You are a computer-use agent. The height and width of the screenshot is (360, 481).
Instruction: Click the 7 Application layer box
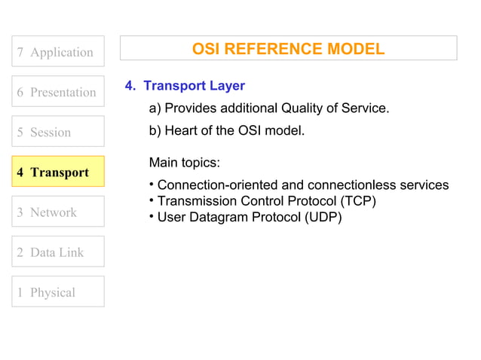[57, 52]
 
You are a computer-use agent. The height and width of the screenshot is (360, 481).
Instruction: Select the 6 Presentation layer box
[57, 92]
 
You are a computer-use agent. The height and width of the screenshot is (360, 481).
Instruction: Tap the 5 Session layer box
[57, 132]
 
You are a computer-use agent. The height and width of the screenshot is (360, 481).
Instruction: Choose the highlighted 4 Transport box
[57, 172]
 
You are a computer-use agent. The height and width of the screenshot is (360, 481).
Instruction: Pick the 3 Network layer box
[57, 212]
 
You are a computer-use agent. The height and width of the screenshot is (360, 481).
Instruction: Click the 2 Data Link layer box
[57, 252]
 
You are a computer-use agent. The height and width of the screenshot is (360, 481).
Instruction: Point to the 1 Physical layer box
[57, 291]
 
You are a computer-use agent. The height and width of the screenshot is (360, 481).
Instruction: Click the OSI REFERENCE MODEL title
[288, 49]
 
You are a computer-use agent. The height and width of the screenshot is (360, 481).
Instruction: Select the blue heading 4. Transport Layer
[185, 86]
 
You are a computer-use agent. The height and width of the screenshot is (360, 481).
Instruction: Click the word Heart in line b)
[181, 130]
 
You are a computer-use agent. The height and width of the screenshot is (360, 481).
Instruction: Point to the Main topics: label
[185, 163]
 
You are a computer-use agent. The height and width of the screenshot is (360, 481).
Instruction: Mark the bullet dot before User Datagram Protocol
[152, 217]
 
